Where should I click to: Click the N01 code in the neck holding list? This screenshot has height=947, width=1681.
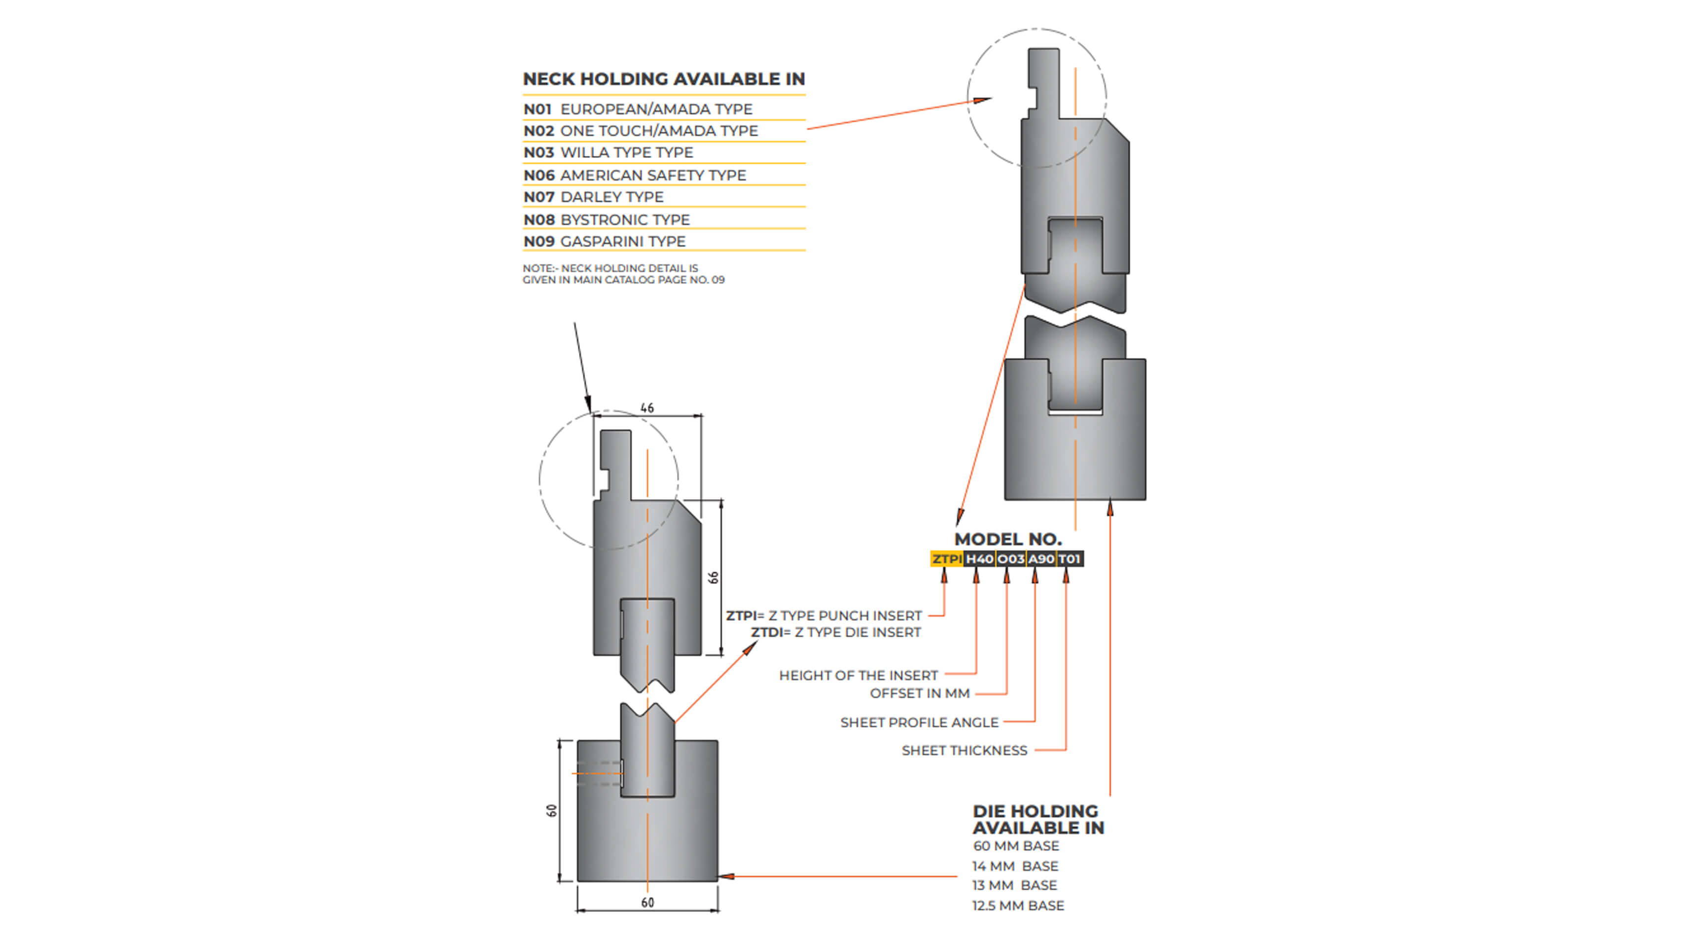(x=537, y=109)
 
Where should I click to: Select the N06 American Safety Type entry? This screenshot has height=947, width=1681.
(x=634, y=175)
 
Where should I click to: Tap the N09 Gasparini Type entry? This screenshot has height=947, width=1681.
(x=604, y=242)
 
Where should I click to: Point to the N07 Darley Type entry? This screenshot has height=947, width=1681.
(x=593, y=197)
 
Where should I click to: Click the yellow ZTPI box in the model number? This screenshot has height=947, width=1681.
(x=946, y=559)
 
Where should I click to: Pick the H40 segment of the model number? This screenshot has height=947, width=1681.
(x=979, y=559)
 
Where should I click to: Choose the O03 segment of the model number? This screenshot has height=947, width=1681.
(x=1010, y=559)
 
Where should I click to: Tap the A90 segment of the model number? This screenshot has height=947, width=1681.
(x=1041, y=559)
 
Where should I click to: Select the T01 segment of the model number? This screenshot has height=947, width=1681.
(x=1070, y=559)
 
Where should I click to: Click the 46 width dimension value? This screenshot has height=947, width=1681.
(x=646, y=408)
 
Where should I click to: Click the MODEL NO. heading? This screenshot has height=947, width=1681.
(x=1007, y=539)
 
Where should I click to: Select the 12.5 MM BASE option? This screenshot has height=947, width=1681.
(x=1018, y=905)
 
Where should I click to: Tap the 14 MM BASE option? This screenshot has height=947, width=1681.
(x=1015, y=866)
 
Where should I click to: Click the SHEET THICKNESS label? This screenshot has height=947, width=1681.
(x=964, y=751)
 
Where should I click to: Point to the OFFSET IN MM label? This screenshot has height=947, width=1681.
(x=920, y=693)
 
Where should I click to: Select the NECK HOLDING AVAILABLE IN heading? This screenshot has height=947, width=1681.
(x=664, y=79)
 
